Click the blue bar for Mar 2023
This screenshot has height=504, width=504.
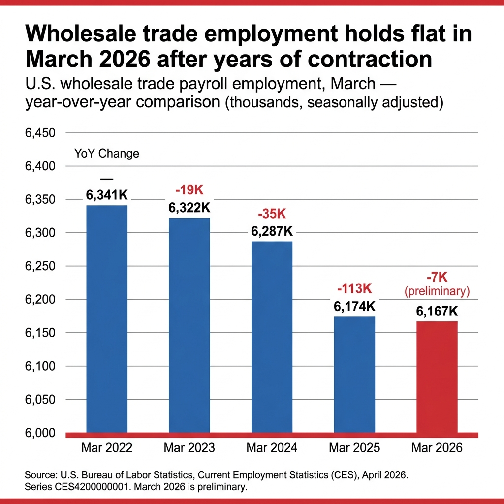[189, 325]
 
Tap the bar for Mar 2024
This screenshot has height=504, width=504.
[272, 337]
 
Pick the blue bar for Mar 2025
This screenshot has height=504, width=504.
[354, 374]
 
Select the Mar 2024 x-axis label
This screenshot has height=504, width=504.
[272, 448]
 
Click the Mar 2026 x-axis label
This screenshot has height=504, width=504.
[437, 448]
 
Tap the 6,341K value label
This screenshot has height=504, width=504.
[107, 195]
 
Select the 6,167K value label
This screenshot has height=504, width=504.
[437, 312]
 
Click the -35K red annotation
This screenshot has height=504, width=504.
[272, 214]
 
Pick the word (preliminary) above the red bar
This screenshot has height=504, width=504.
[437, 291]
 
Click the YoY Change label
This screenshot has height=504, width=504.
[107, 153]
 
